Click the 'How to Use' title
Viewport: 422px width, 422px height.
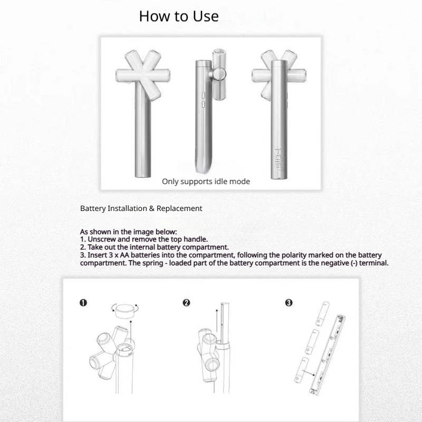[179, 16]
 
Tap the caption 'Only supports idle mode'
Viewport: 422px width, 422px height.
[206, 181]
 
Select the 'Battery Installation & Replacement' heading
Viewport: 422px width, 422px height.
[141, 208]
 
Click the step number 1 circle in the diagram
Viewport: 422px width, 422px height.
[83, 303]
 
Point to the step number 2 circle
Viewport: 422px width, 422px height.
[186, 303]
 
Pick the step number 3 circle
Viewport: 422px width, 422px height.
[289, 303]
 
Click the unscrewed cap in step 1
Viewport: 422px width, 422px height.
[126, 311]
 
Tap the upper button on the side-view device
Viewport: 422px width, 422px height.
[204, 95]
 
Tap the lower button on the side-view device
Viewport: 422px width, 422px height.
[204, 104]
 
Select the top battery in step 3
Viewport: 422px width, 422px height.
[322, 314]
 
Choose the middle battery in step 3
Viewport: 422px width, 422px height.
[312, 342]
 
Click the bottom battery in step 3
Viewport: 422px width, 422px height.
[302, 370]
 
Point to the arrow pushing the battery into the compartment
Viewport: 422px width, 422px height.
[309, 373]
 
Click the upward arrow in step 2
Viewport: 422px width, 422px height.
[217, 321]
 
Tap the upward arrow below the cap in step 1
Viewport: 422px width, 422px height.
[130, 332]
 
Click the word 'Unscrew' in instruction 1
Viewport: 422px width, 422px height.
[101, 239]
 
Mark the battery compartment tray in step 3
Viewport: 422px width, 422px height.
[327, 354]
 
